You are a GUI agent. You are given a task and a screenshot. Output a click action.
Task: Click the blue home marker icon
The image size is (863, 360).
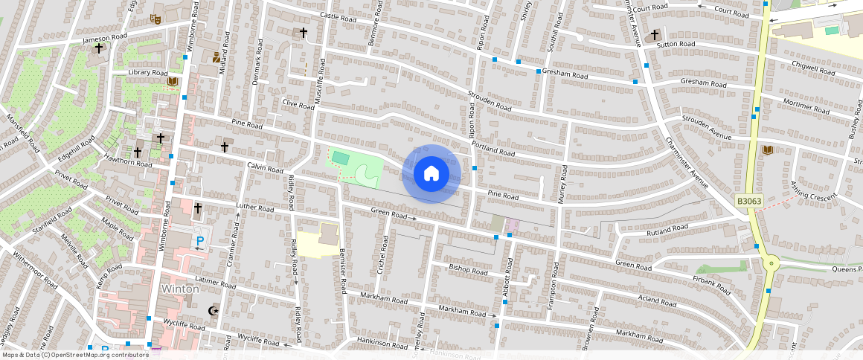(x=431, y=173)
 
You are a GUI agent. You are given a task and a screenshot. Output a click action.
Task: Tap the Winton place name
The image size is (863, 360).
(x=180, y=289)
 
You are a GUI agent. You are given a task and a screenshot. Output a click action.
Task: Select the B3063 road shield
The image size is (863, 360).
(x=748, y=201)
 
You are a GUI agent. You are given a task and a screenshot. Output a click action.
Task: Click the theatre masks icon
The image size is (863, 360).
(x=156, y=18)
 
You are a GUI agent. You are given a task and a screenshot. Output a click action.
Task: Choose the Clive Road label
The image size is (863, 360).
(x=299, y=103)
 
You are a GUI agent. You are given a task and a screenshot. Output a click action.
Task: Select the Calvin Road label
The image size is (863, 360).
(x=266, y=169)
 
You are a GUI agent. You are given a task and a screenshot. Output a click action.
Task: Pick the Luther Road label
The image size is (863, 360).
(x=255, y=208)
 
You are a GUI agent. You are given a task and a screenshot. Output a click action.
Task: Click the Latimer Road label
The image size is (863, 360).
(x=216, y=283)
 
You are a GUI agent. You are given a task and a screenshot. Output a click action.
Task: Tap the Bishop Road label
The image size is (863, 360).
(x=468, y=269)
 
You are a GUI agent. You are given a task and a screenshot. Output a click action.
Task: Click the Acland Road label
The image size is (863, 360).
(x=657, y=302)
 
